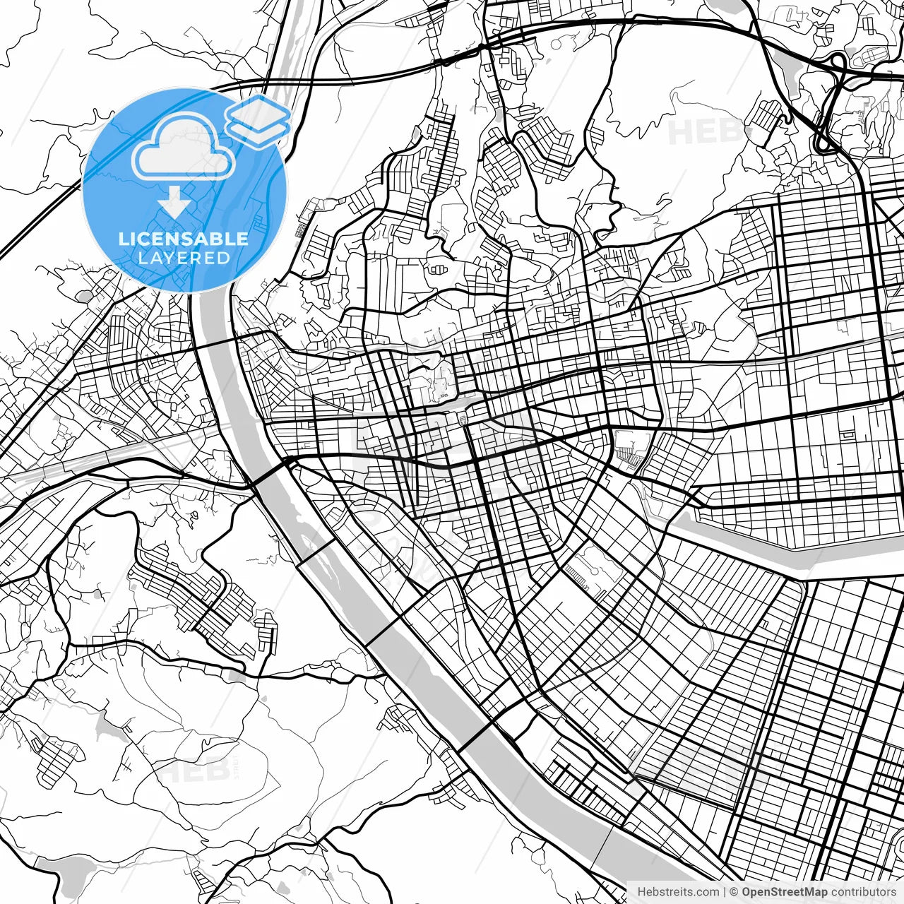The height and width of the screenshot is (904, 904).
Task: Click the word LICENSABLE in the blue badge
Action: click(184, 239)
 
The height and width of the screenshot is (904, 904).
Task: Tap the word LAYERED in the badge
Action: click(184, 258)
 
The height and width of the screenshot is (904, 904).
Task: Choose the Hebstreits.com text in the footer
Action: click(678, 892)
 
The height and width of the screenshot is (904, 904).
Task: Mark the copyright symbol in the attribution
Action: click(734, 892)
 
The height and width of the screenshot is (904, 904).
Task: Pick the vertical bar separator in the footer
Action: click(725, 892)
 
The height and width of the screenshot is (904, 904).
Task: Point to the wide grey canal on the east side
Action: click(777, 544)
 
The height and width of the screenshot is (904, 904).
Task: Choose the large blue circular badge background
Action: click(127, 212)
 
